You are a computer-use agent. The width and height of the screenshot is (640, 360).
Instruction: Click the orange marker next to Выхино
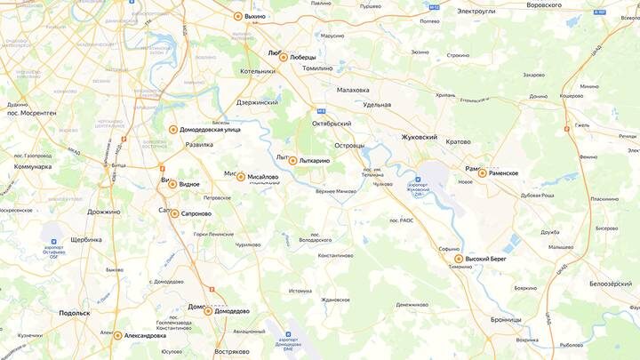(x=237, y=16)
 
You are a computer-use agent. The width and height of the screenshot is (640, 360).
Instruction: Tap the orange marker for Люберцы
(x=284, y=57)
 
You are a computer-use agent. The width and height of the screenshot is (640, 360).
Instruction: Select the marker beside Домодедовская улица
(x=173, y=129)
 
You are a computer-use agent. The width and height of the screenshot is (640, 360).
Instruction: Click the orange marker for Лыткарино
(x=292, y=161)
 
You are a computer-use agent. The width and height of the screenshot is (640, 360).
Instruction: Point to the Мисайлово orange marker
(x=240, y=177)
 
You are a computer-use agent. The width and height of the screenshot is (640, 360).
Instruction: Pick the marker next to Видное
(x=172, y=184)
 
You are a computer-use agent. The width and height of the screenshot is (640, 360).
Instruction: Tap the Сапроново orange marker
(x=174, y=213)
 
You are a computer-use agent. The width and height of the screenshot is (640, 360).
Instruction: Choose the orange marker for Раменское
(x=482, y=173)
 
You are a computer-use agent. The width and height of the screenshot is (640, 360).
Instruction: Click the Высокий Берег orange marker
(x=459, y=260)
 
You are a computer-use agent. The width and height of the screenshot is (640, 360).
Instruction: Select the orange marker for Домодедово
(x=208, y=311)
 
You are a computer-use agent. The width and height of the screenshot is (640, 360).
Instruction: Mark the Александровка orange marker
(x=117, y=335)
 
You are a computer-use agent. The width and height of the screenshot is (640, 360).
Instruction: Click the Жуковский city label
(x=420, y=138)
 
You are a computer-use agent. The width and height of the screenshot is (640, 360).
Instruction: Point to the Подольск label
(x=75, y=313)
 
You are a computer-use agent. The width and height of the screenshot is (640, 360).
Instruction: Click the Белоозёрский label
(x=610, y=284)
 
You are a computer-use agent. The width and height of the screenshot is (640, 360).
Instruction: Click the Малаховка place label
(x=359, y=90)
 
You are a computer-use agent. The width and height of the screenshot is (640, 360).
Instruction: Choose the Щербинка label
(x=86, y=240)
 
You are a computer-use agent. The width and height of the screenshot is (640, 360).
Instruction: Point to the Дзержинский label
(x=258, y=103)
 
